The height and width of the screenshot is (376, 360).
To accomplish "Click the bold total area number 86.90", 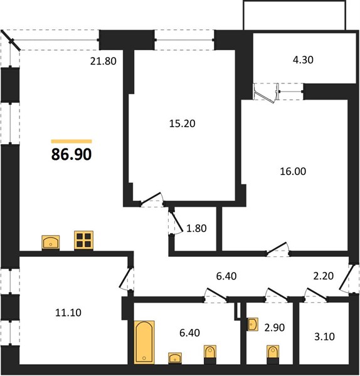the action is (x=71, y=154).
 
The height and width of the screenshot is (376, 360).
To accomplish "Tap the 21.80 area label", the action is (x=103, y=61).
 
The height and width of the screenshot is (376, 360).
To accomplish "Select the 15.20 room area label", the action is (x=182, y=123).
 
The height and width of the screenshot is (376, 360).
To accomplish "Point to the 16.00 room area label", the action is (x=293, y=171).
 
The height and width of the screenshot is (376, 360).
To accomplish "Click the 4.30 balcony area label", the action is (x=303, y=60).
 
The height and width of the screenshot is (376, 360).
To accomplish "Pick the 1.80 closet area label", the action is (x=196, y=228).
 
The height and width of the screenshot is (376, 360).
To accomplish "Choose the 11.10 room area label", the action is (x=68, y=313).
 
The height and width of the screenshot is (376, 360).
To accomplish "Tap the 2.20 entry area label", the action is (x=323, y=276).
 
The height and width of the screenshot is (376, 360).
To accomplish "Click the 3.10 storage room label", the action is (x=324, y=337).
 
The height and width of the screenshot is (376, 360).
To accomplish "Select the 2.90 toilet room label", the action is (x=275, y=327).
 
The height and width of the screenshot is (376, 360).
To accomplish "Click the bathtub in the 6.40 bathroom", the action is (x=144, y=342).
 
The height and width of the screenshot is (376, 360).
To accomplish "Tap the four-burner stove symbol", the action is (x=83, y=240).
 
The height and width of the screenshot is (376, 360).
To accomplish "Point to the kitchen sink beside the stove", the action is (x=51, y=243).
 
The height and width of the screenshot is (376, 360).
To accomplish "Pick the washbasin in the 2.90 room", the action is (x=253, y=325).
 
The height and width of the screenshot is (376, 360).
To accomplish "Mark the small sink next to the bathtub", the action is (x=175, y=358).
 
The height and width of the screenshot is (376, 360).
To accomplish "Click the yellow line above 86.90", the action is (x=71, y=142).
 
